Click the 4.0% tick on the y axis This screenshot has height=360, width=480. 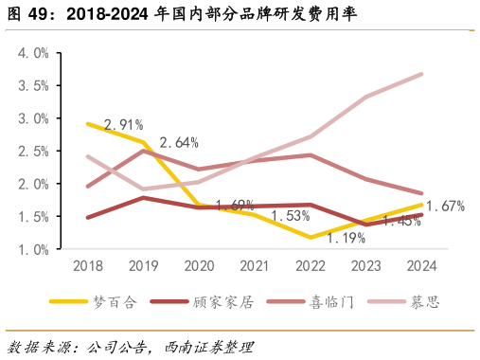click(33, 53)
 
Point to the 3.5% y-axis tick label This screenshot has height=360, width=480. click(33, 86)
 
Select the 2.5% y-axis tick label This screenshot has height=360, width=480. click(33, 152)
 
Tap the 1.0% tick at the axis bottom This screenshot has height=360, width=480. click(33, 249)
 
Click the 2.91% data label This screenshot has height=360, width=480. click(123, 124)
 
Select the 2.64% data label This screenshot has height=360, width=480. click(179, 143)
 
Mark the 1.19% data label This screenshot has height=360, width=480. click(346, 238)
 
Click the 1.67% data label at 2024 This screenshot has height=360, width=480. click(445, 206)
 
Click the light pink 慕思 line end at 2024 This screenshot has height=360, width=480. click(421, 74)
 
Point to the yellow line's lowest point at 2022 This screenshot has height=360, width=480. click(311, 237)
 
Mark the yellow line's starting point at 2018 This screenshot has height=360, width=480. click(88, 124)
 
